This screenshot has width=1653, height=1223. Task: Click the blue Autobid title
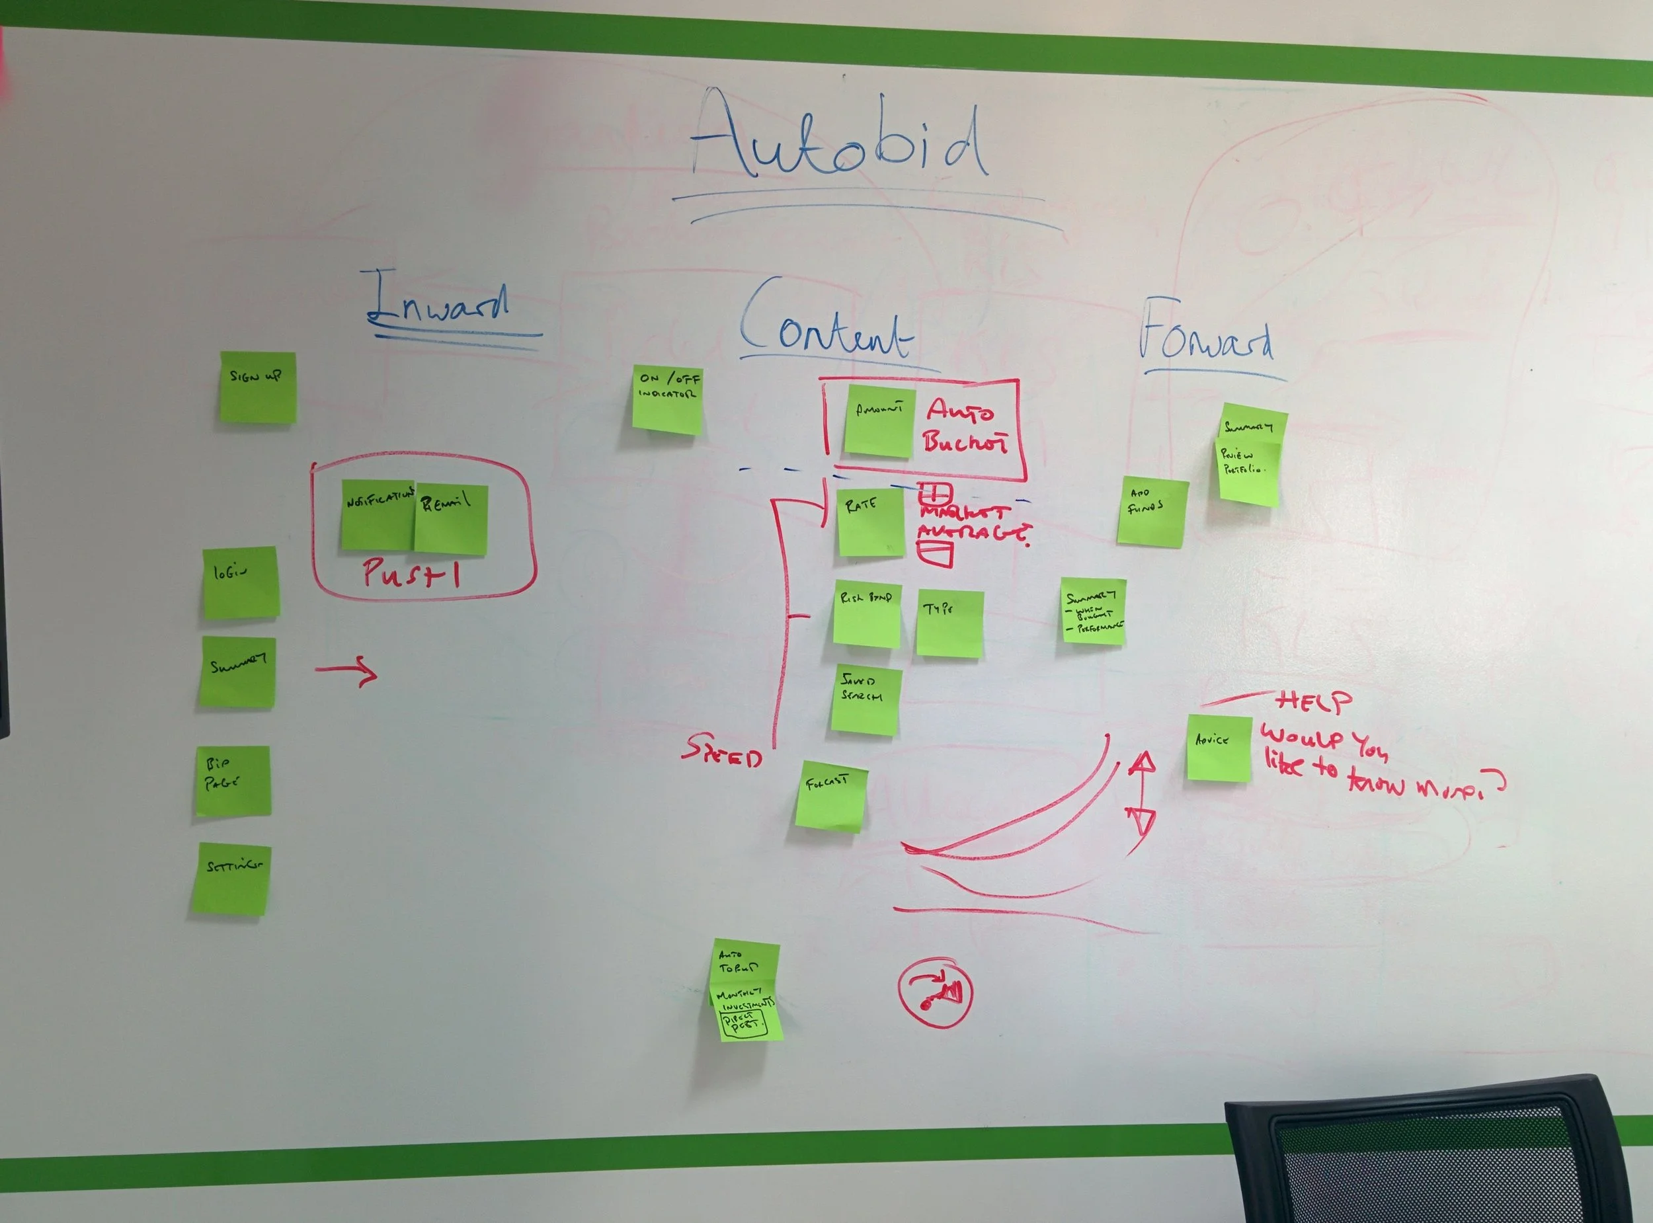pos(840,141)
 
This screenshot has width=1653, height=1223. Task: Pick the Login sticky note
pos(241,582)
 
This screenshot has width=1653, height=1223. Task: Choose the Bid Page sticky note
pos(233,781)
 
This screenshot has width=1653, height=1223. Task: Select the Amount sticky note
pos(879,420)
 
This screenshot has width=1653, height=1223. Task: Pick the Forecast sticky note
pos(831,796)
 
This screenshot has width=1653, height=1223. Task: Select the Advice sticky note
pos(1219,748)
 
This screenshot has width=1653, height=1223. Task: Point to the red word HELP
pos(1314,702)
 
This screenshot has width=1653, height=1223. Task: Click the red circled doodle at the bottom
pos(935,994)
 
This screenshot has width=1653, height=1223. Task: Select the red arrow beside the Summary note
pos(346,672)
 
